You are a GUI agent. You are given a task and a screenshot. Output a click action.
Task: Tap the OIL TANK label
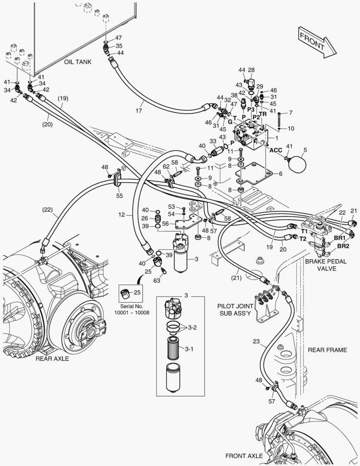click(78, 62)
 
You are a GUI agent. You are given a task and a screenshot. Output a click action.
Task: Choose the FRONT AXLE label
click(244, 456)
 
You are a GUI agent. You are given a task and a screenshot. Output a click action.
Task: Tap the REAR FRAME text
click(327, 350)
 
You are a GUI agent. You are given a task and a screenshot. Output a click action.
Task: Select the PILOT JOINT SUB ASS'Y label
click(236, 309)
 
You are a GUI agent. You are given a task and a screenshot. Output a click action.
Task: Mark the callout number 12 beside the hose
click(122, 214)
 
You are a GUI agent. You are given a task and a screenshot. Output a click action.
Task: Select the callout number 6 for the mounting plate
click(280, 174)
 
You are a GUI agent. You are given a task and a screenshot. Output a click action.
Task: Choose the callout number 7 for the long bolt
click(291, 113)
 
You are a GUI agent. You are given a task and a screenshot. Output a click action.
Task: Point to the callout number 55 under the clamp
click(119, 196)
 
